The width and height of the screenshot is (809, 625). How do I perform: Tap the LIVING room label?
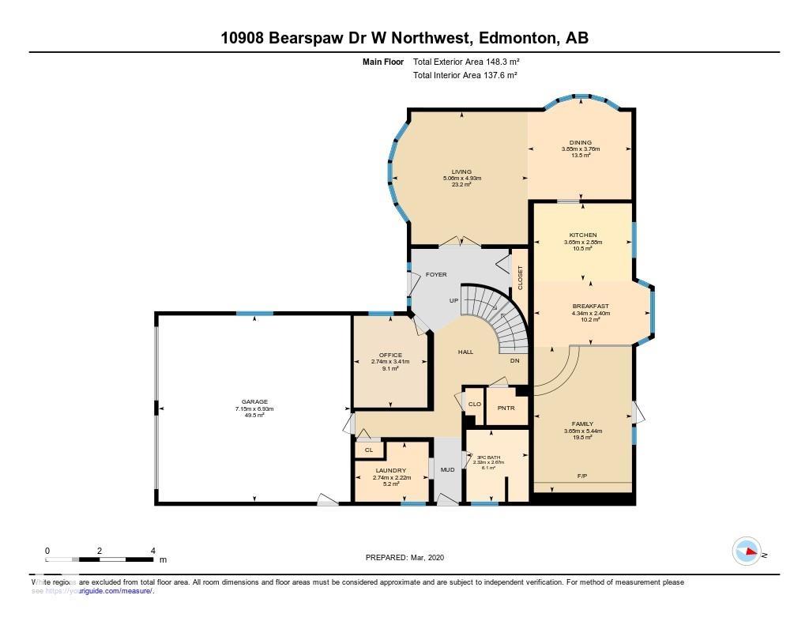click(461, 171)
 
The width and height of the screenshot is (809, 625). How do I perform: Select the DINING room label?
click(581, 142)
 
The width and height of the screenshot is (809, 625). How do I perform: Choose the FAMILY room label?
click(582, 424)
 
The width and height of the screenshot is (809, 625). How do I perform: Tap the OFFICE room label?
click(390, 355)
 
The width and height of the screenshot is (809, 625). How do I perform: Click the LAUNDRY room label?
click(390, 470)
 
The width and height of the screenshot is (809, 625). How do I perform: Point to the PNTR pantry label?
click(506, 408)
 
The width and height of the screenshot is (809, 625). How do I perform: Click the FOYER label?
click(436, 274)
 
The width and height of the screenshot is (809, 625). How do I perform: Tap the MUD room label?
click(447, 469)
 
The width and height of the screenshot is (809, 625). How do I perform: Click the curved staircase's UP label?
click(453, 300)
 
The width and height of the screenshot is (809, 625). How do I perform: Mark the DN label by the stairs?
click(514, 360)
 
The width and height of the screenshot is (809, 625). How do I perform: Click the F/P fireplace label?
click(582, 476)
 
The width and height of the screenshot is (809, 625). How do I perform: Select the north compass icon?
click(747, 552)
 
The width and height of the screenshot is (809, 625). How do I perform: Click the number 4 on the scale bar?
click(152, 551)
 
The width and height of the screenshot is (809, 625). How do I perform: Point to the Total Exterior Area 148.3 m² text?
click(465, 62)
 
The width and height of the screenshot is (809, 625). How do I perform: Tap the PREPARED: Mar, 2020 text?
click(405, 557)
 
